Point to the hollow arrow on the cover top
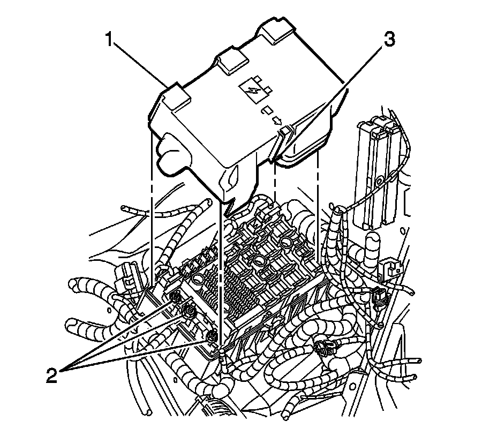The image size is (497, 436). (x=277, y=121)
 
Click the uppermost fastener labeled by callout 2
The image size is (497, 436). (x=174, y=298)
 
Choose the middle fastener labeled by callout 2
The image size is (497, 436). (x=188, y=310)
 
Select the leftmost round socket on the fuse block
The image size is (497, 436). (x=198, y=279)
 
